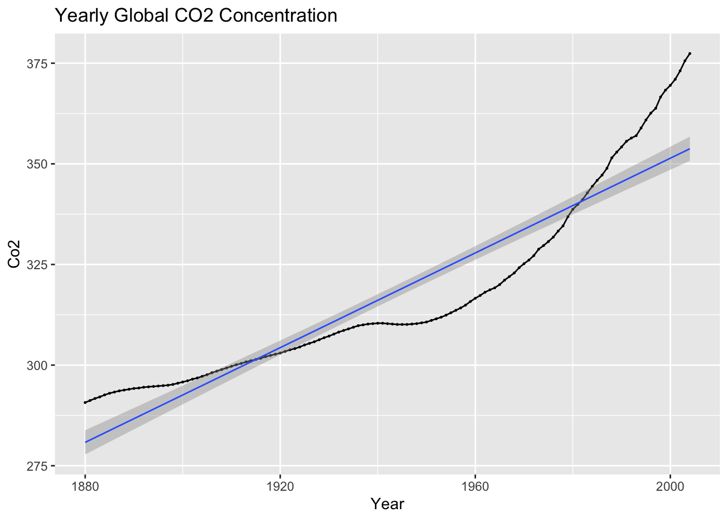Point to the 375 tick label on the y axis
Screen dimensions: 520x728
37,63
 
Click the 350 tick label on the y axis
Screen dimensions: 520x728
37,164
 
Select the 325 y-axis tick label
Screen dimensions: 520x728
37,264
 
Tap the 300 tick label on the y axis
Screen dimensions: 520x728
37,365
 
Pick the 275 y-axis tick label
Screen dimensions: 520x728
37,466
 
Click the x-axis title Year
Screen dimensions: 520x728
387,504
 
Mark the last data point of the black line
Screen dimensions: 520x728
690,53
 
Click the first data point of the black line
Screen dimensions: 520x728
85,402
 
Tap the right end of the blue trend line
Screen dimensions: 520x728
690,148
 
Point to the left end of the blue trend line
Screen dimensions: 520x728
85,442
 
